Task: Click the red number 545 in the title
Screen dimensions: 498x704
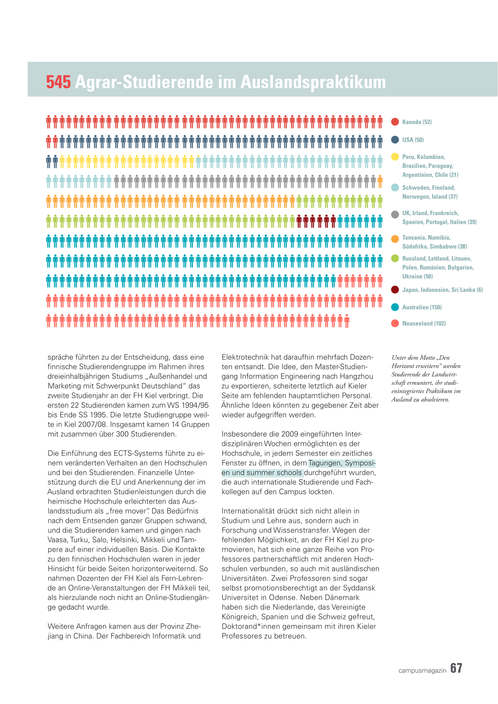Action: (x=59, y=82)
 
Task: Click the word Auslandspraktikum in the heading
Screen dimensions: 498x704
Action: (x=313, y=82)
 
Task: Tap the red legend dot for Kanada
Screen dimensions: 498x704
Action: (x=395, y=122)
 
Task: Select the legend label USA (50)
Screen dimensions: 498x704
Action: (x=413, y=140)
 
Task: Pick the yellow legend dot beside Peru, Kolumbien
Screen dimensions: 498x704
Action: (x=395, y=157)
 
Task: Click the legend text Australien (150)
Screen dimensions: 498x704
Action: (x=422, y=307)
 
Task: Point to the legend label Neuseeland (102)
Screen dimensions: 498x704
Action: (x=424, y=324)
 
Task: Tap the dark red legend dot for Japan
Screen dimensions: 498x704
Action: (x=395, y=290)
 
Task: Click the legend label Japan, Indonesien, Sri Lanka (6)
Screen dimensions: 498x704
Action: (x=443, y=290)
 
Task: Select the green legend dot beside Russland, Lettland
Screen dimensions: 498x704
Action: (x=395, y=258)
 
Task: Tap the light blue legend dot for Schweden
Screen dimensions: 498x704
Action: (x=395, y=187)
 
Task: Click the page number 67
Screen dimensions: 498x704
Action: (x=456, y=668)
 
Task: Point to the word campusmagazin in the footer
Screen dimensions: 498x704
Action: (x=423, y=671)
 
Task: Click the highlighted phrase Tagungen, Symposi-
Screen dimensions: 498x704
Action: (x=342, y=463)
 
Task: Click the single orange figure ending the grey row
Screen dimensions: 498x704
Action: (x=380, y=182)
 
